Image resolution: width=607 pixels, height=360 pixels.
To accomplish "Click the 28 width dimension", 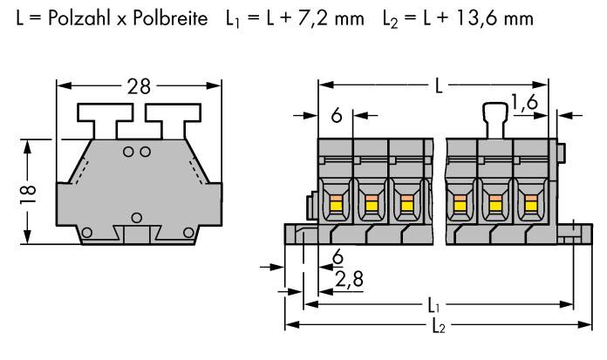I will pos(139,86).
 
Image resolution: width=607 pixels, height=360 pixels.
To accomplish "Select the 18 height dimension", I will pos(28,190).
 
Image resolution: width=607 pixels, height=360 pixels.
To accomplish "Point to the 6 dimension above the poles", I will pos(336,114).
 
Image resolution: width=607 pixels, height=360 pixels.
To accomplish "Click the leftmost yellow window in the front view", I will pos(334,205).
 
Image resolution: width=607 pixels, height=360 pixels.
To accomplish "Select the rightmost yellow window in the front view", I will pos(529,205).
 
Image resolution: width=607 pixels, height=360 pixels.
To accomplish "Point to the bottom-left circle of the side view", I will pos(85,232).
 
